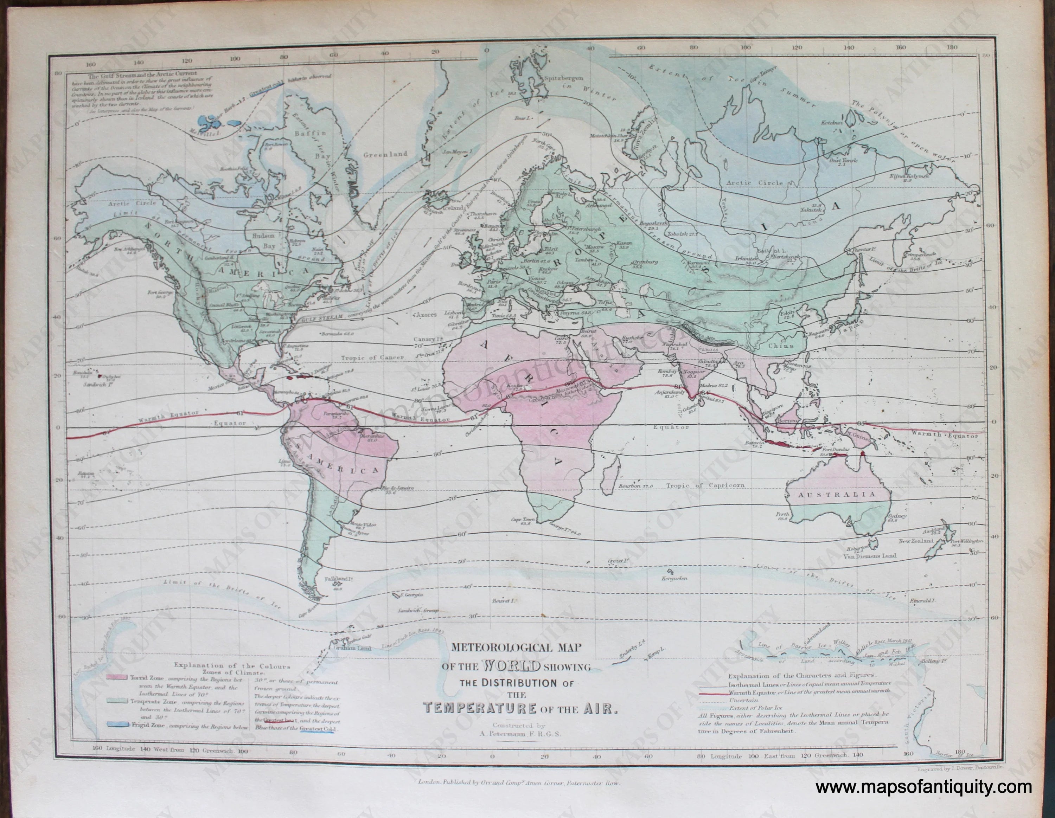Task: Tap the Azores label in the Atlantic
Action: click(x=426, y=314)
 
